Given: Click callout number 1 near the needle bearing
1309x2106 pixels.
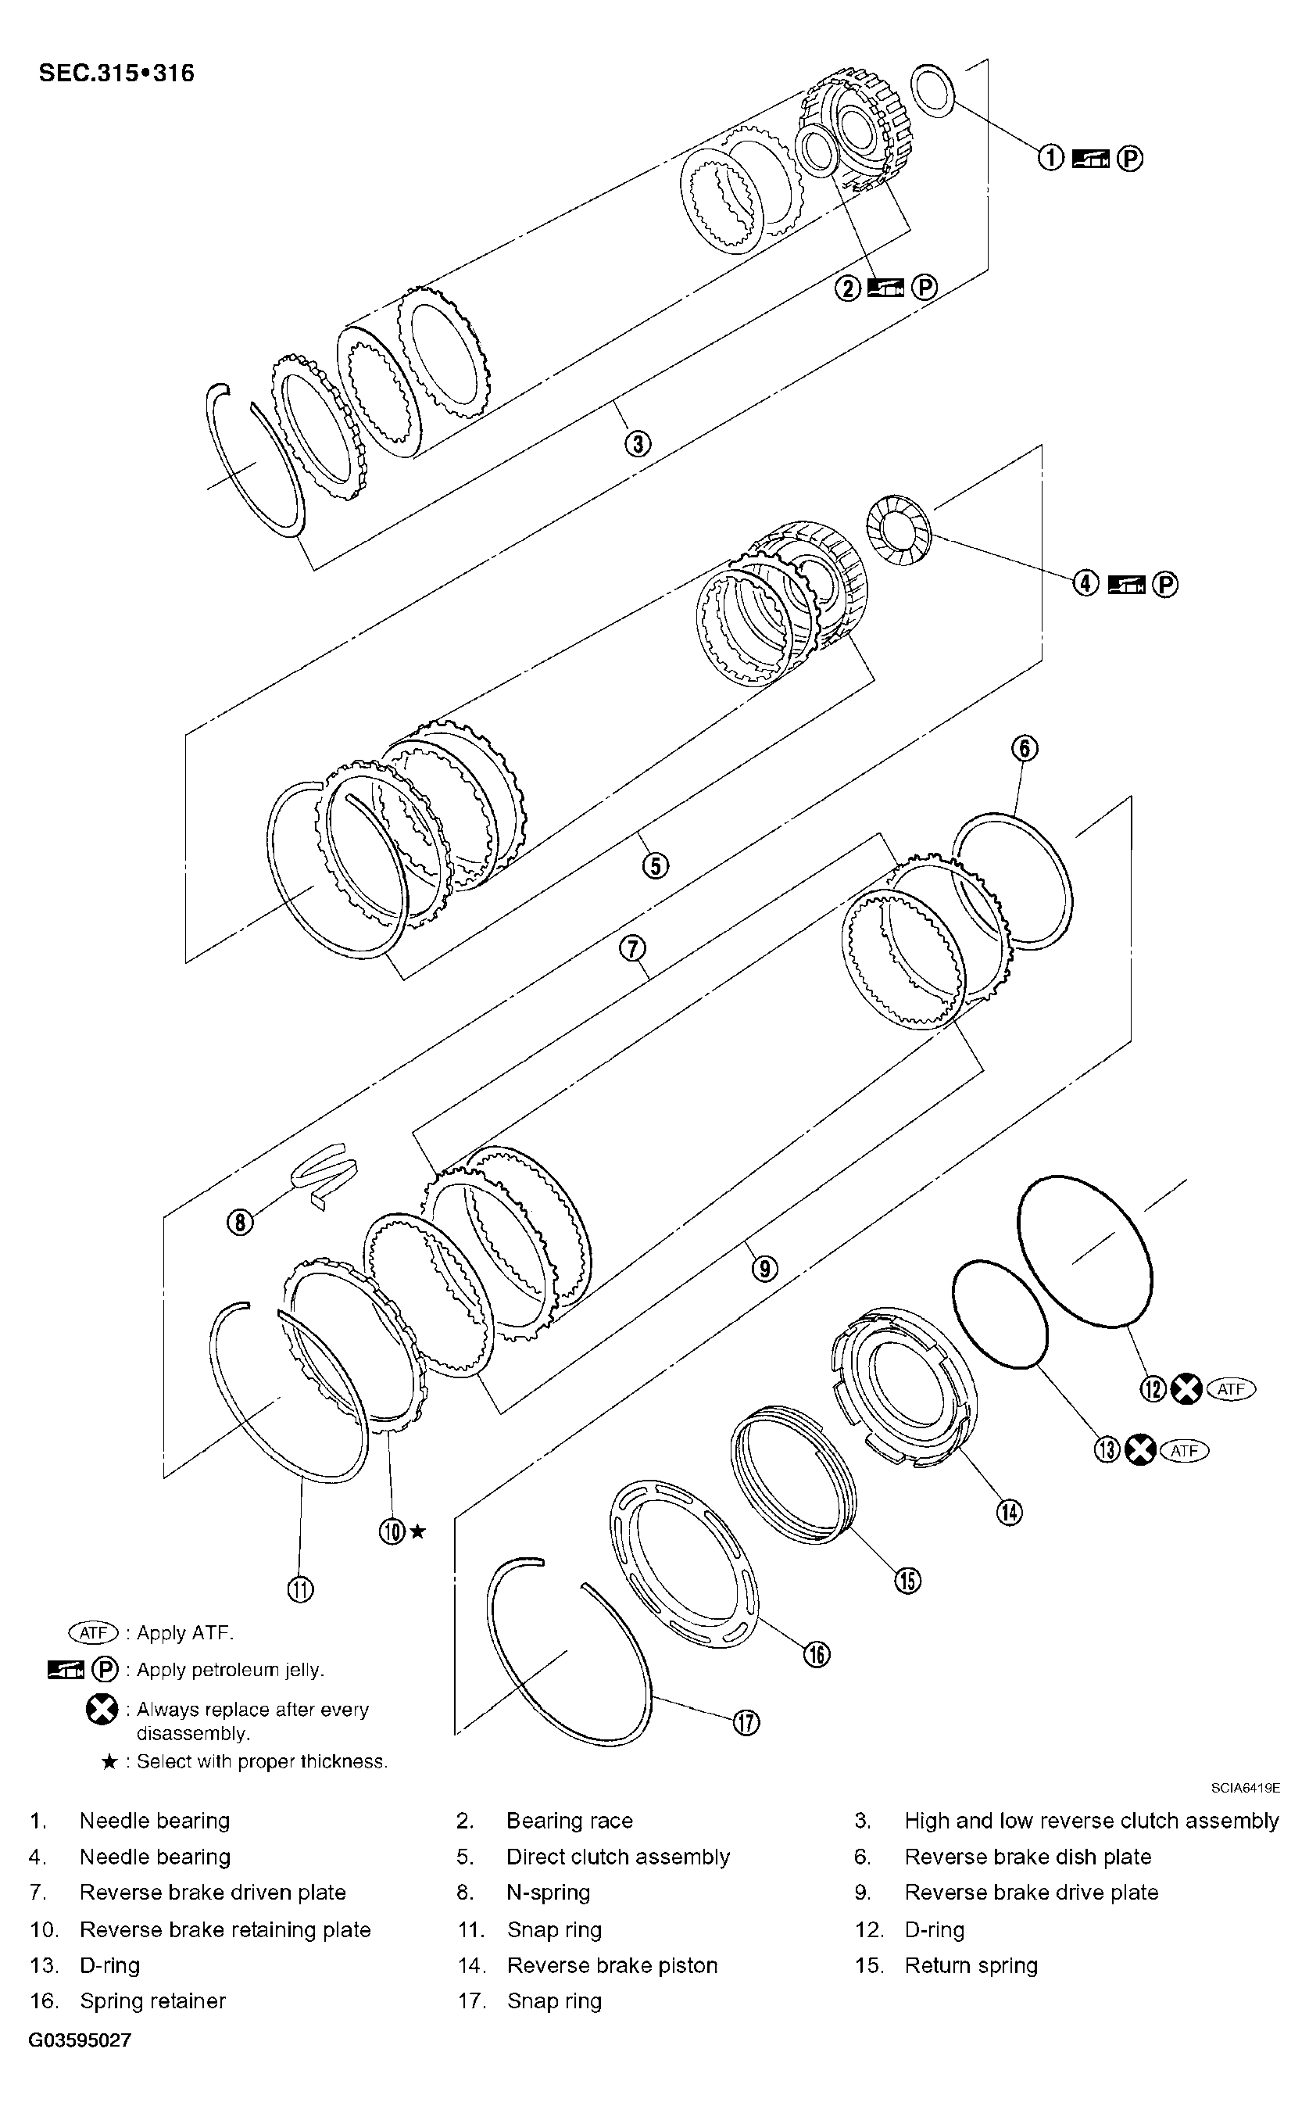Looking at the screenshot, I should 1050,159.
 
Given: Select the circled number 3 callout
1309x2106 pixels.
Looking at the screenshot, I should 637,444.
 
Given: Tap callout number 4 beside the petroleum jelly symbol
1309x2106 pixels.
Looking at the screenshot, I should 1085,585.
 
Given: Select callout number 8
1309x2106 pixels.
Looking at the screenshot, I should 240,1223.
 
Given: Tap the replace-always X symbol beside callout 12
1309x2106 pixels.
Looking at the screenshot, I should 1186,1389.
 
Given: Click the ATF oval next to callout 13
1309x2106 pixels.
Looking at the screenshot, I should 1184,1449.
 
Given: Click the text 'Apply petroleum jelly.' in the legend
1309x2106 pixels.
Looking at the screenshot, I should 231,1670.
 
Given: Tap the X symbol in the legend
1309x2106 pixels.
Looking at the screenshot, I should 102,1710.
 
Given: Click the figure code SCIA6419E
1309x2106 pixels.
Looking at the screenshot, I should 1245,1786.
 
